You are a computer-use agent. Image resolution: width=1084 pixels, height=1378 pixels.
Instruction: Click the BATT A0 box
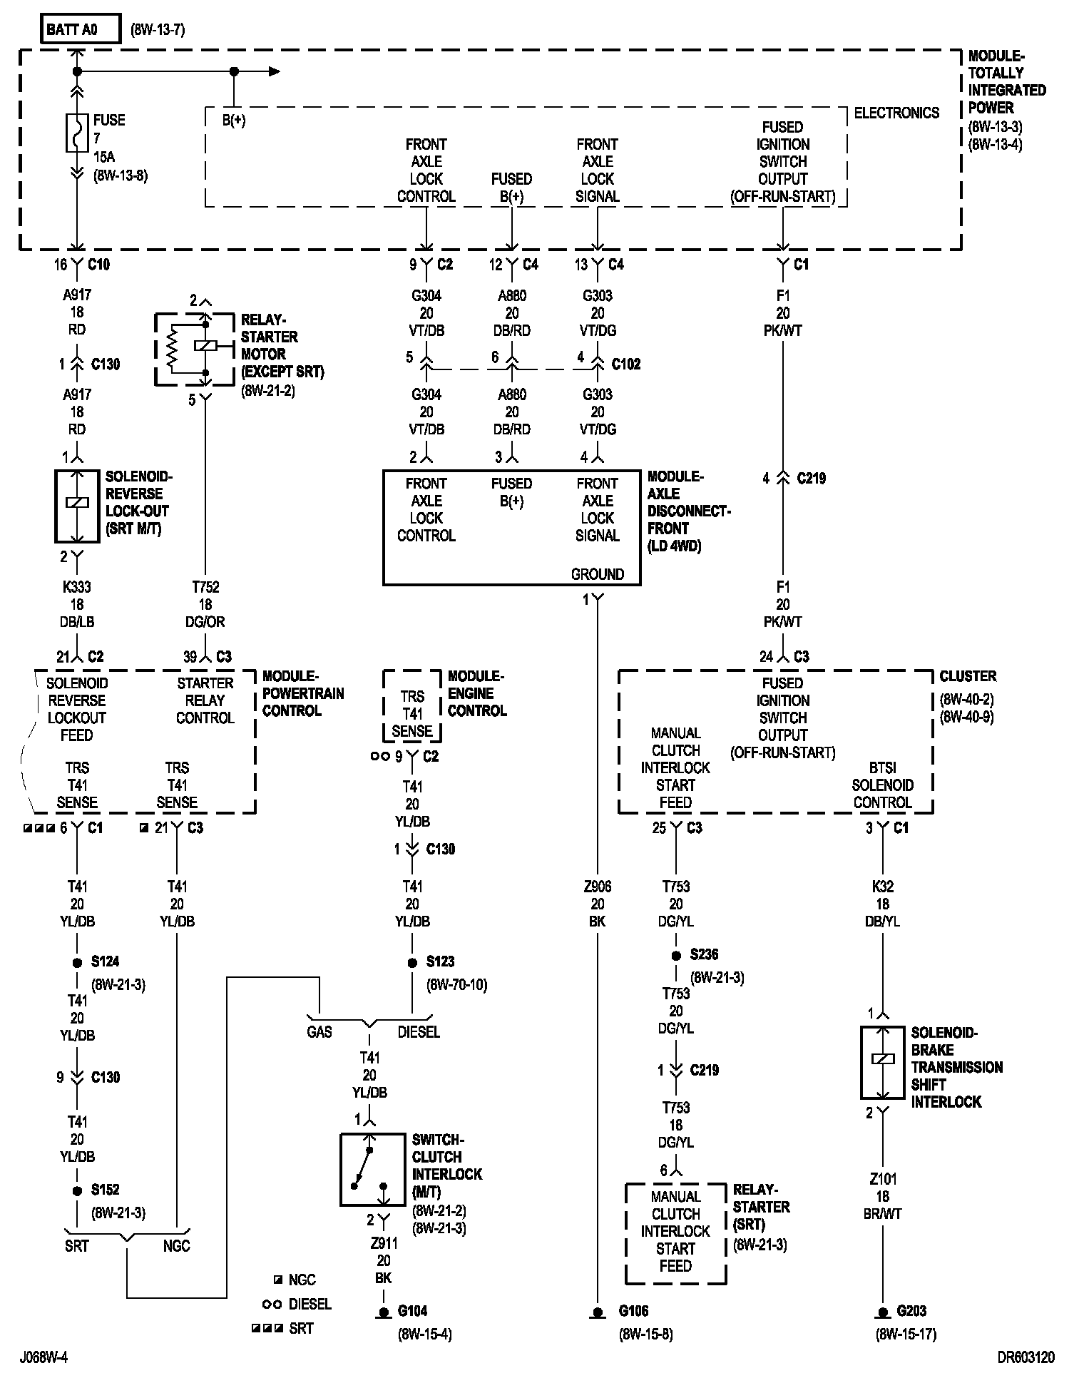(81, 29)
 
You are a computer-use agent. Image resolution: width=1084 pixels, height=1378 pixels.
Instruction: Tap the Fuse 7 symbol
(77, 133)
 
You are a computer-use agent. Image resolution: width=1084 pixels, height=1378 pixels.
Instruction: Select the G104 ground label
(413, 1311)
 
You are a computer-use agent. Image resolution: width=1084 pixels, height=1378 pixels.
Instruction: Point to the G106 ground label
(634, 1311)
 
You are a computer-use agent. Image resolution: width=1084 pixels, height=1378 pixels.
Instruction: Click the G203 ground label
(911, 1311)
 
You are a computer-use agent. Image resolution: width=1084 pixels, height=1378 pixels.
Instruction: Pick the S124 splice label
(105, 961)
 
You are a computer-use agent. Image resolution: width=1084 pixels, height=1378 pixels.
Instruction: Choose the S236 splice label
(704, 954)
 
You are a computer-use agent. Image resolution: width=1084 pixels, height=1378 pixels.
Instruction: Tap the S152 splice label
(105, 1190)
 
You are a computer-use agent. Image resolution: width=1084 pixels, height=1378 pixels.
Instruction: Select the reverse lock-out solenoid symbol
(77, 506)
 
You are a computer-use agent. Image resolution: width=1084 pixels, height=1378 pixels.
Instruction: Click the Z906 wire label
(598, 887)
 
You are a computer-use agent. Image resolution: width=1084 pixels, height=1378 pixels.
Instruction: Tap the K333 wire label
(77, 587)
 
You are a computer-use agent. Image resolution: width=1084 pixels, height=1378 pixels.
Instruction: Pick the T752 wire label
(205, 587)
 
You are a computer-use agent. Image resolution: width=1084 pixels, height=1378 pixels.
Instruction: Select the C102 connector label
(626, 364)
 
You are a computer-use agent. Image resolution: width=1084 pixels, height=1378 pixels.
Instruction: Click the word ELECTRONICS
(896, 113)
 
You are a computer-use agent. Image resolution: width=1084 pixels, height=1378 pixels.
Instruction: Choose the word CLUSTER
(968, 676)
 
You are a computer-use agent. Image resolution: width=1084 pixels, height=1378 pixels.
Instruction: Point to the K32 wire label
(883, 887)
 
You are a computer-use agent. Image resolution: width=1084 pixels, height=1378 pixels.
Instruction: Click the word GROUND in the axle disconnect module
(598, 574)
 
